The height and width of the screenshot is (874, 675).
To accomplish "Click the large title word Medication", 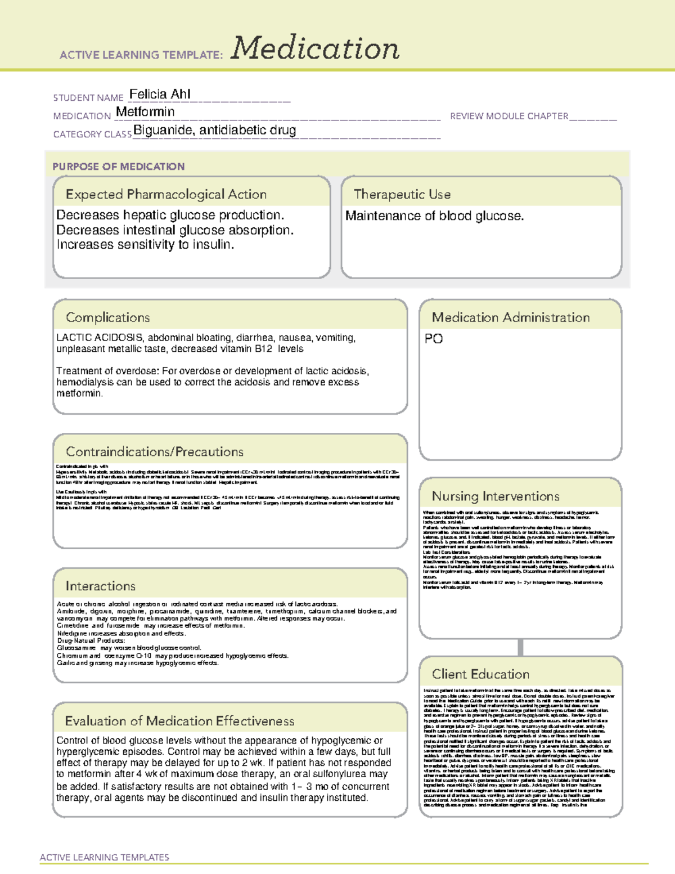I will tap(315, 48).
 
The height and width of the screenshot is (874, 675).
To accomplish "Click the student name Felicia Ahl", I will tap(160, 94).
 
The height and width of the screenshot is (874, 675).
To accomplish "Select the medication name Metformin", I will tap(145, 112).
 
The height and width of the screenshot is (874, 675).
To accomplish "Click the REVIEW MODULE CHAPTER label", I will tap(509, 116).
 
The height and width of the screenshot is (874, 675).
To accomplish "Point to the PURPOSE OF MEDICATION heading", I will tap(119, 167).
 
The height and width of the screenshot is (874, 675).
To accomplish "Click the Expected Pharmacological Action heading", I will tap(166, 194).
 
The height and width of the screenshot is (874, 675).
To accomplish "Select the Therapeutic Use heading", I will tap(402, 194).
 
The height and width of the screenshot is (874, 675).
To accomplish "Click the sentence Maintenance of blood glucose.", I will tap(434, 216).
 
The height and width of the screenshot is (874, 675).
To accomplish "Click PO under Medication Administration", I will tap(434, 339).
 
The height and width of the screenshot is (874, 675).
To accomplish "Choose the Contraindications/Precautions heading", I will tap(155, 452).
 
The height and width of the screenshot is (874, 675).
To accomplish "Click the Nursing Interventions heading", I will tap(496, 496).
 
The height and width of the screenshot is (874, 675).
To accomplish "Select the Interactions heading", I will tap(100, 586).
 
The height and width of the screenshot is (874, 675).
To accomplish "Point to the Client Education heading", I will tap(480, 674).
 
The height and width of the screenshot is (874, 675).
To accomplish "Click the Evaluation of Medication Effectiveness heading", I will tap(179, 721).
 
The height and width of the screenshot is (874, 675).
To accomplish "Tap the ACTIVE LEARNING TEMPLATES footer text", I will tap(105, 857).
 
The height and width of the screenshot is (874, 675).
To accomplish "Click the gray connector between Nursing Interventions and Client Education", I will tap(520, 647).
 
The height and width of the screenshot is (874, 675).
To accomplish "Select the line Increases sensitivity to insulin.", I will tap(145, 245).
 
